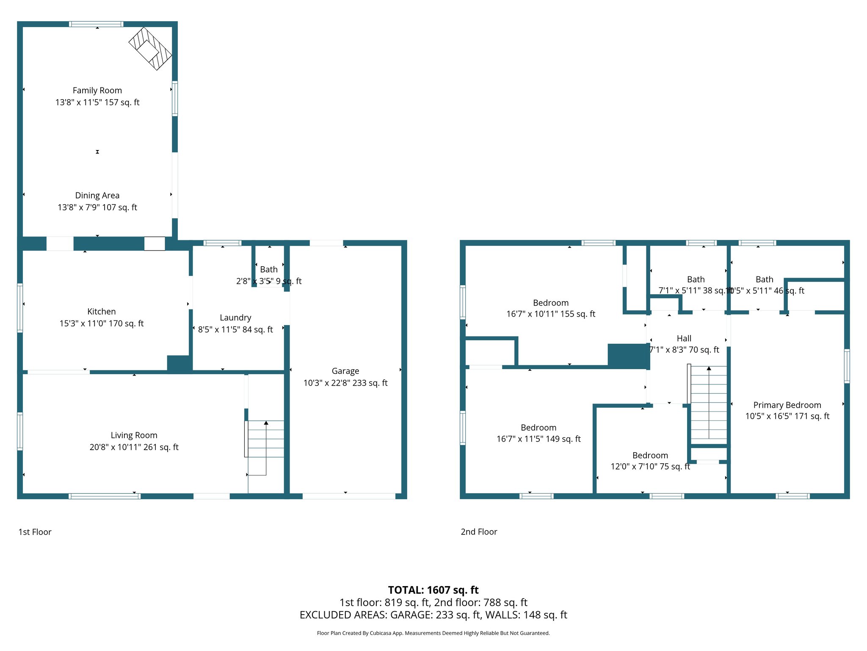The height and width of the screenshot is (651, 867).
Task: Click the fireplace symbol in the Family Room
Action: [150, 48]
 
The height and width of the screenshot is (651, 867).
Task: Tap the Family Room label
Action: [97, 90]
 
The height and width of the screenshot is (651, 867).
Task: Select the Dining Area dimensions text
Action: [97, 207]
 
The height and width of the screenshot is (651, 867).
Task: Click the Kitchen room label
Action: [102, 312]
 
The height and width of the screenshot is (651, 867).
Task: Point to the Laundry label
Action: [235, 317]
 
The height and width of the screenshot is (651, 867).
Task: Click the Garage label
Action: [345, 371]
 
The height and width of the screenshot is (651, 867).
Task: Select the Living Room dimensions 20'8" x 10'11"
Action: [134, 447]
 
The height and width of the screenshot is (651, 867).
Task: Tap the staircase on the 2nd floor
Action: [709, 403]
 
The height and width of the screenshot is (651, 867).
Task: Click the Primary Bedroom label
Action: [787, 405]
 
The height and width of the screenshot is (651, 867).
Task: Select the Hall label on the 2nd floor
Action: [684, 338]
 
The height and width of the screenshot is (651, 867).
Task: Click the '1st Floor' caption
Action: [35, 532]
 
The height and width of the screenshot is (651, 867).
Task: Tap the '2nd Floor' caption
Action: [479, 532]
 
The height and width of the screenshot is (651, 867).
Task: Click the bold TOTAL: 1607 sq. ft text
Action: [433, 590]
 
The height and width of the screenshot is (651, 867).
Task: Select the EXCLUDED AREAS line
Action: [433, 615]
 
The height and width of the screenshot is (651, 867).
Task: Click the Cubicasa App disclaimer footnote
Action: [433, 633]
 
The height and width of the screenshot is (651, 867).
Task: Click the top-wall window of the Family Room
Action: [97, 24]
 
